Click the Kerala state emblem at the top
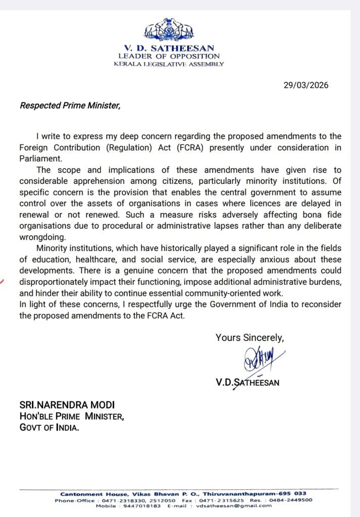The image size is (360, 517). [169, 30]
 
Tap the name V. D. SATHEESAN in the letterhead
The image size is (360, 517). [169, 48]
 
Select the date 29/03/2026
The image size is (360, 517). [306, 85]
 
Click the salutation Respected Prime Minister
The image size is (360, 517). [70, 106]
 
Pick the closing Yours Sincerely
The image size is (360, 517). [249, 338]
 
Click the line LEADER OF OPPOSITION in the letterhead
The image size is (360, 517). [169, 57]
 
